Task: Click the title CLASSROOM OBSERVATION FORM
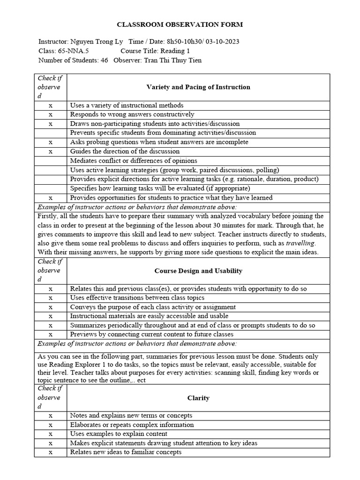[x=180, y=25]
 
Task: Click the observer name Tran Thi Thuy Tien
[x=173, y=60]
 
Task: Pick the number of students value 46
[x=105, y=60]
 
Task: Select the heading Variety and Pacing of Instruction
[x=198, y=87]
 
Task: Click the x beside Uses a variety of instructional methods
[x=51, y=105]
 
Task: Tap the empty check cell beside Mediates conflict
[x=51, y=161]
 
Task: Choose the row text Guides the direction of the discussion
[x=125, y=151]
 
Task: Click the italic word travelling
[x=301, y=243]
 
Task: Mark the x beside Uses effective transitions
[x=51, y=298]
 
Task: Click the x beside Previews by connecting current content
[x=51, y=335]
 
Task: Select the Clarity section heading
[x=198, y=398]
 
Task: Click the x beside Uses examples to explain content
[x=51, y=434]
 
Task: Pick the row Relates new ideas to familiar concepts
[x=126, y=452]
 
